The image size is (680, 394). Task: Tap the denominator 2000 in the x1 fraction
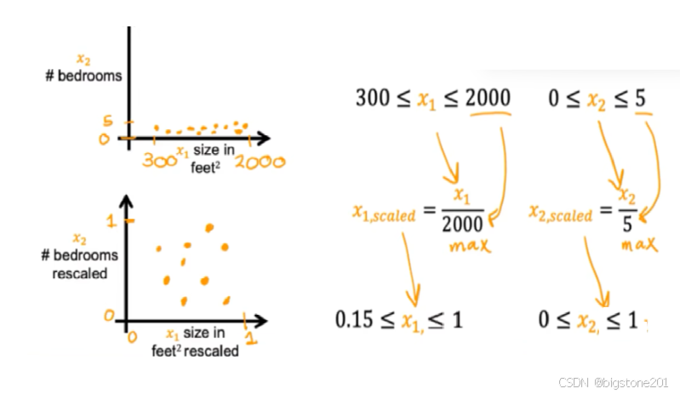(x=462, y=225)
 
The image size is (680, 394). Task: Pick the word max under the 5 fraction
(x=640, y=246)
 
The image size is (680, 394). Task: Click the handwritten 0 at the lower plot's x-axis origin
(x=132, y=338)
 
